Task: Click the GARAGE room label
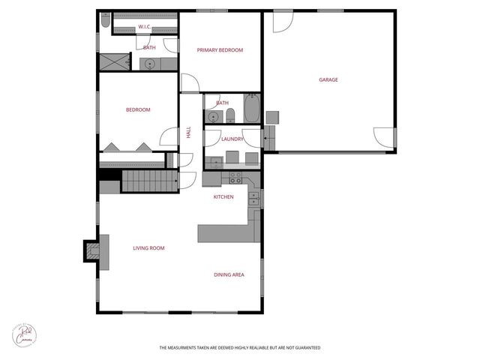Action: [328, 79]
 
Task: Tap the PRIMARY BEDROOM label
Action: [220, 50]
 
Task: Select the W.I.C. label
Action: [145, 28]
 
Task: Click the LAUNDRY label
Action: [232, 139]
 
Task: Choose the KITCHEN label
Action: [223, 196]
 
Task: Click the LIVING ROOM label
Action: [148, 247]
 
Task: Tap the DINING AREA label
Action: [229, 274]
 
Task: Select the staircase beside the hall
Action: [148, 181]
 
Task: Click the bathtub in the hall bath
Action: [251, 109]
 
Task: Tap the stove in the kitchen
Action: [235, 178]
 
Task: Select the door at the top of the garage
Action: [283, 22]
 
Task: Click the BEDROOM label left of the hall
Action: [138, 110]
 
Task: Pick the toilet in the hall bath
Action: [230, 115]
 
